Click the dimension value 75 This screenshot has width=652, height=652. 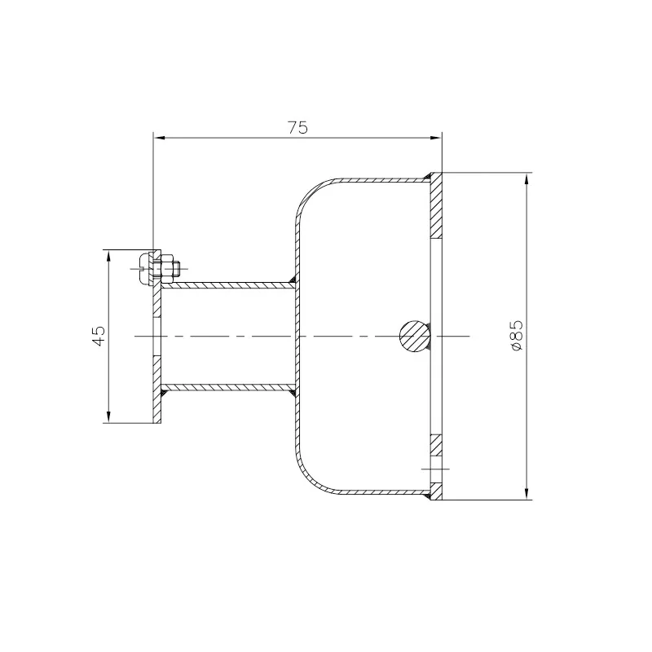click(297, 128)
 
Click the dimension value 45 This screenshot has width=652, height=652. click(99, 336)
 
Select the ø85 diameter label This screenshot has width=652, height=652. click(516, 336)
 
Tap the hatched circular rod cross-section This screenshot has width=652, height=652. click(415, 336)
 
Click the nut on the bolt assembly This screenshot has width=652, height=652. click(167, 268)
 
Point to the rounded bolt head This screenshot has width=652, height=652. click(144, 268)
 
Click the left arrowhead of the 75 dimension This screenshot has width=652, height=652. click(160, 137)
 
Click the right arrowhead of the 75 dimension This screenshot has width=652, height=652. click(435, 137)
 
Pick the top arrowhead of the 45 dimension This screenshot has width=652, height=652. click(108, 256)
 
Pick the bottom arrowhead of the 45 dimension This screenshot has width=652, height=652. click(108, 417)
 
